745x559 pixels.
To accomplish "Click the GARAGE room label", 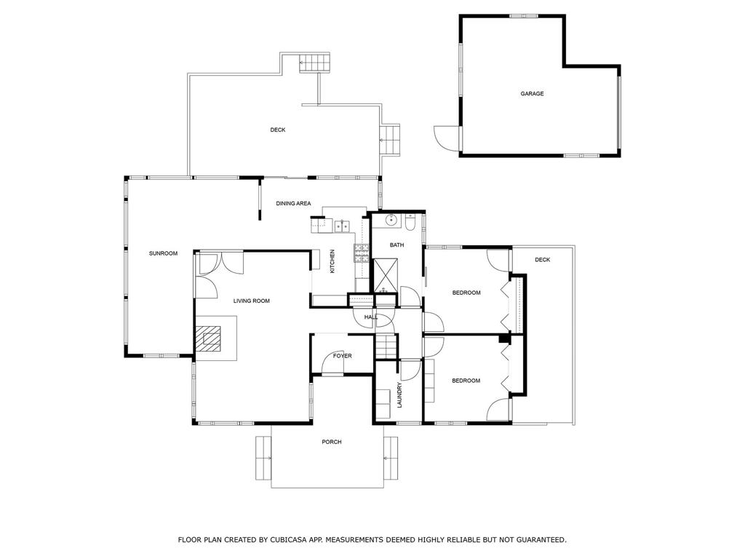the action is click(x=532, y=94).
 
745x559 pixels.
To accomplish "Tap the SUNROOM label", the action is click(x=163, y=253).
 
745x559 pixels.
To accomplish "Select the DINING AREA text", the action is click(x=293, y=204).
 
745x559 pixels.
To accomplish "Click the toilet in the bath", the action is click(x=410, y=223).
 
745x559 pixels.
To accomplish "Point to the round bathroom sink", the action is click(x=391, y=220).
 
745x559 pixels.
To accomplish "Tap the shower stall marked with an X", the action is click(x=385, y=276).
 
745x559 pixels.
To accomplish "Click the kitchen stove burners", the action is click(x=361, y=253).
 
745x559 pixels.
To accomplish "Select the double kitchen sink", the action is click(x=342, y=226).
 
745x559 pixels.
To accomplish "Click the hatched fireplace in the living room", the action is click(x=209, y=338).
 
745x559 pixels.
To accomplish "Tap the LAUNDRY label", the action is click(x=399, y=395).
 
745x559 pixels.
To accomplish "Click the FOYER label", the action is click(x=342, y=355).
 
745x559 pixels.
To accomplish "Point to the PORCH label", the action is click(x=332, y=442).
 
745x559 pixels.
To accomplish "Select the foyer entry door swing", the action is click(x=327, y=360).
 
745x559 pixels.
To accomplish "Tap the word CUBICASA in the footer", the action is click(x=288, y=539).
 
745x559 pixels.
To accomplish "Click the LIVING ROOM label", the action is click(x=251, y=301).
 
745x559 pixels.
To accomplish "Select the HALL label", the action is click(x=371, y=317).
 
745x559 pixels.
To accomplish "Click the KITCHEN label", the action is click(x=332, y=261).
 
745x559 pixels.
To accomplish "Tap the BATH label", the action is click(x=397, y=245).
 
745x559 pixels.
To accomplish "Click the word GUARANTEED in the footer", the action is click(x=541, y=539).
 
